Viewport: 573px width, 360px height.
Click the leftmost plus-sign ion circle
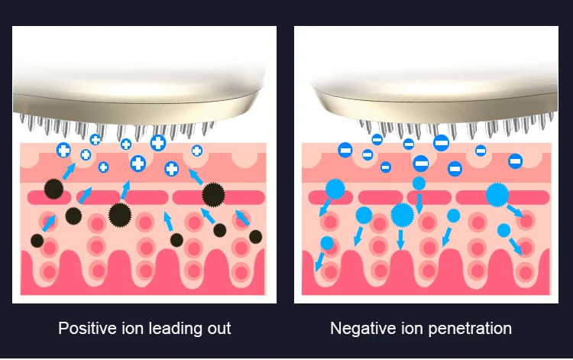click(x=63, y=150)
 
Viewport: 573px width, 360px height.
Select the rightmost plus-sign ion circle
click(x=197, y=151)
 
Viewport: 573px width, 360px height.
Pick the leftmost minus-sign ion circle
click(x=345, y=150)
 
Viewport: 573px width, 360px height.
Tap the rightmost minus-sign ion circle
click(x=515, y=161)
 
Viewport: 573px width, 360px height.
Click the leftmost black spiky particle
click(x=37, y=241)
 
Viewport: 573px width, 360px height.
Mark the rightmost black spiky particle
click(x=255, y=236)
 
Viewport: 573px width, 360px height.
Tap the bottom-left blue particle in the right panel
click(x=327, y=244)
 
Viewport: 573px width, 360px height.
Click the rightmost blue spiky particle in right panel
click(x=497, y=195)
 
